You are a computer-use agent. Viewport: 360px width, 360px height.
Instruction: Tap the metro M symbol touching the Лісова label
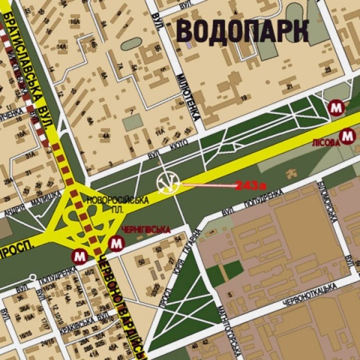pos(348,135)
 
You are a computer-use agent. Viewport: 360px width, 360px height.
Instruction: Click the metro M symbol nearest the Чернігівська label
pos(117,245)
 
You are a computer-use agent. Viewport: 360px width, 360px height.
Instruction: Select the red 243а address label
pos(251,186)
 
